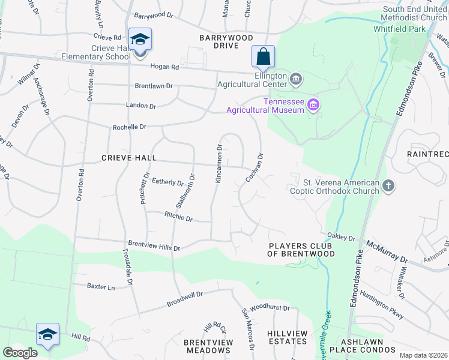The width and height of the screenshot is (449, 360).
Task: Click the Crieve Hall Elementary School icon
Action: point(140,40)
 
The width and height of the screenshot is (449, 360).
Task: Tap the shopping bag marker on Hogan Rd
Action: point(263,57)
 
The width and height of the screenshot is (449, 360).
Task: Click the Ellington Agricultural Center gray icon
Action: point(295,78)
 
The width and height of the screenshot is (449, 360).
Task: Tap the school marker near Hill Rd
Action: point(47,334)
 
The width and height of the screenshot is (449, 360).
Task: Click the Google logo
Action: point(20,353)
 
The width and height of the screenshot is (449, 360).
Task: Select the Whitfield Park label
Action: point(413,28)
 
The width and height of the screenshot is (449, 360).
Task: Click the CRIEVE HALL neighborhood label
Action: point(128,158)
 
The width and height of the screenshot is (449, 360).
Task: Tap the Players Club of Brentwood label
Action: point(301,250)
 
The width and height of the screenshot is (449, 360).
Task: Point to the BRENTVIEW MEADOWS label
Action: point(208,346)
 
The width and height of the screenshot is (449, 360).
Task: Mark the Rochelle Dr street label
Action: point(130,127)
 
